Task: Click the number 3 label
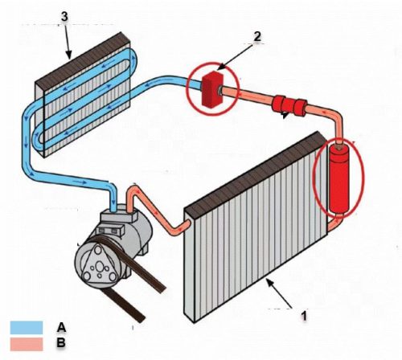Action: coord(64,17)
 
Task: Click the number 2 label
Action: coord(257,36)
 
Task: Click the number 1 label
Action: coord(304,316)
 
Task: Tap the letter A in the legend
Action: coord(61,327)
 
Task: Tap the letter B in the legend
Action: coord(61,342)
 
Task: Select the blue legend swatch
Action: coord(27,328)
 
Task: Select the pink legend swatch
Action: coord(27,344)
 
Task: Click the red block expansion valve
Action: coord(212,89)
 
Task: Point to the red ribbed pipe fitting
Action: coord(289,105)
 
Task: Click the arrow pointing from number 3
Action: coord(67,41)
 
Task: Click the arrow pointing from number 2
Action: coord(235,57)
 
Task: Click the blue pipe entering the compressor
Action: coord(113,198)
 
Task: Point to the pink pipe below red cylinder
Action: coord(335,223)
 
